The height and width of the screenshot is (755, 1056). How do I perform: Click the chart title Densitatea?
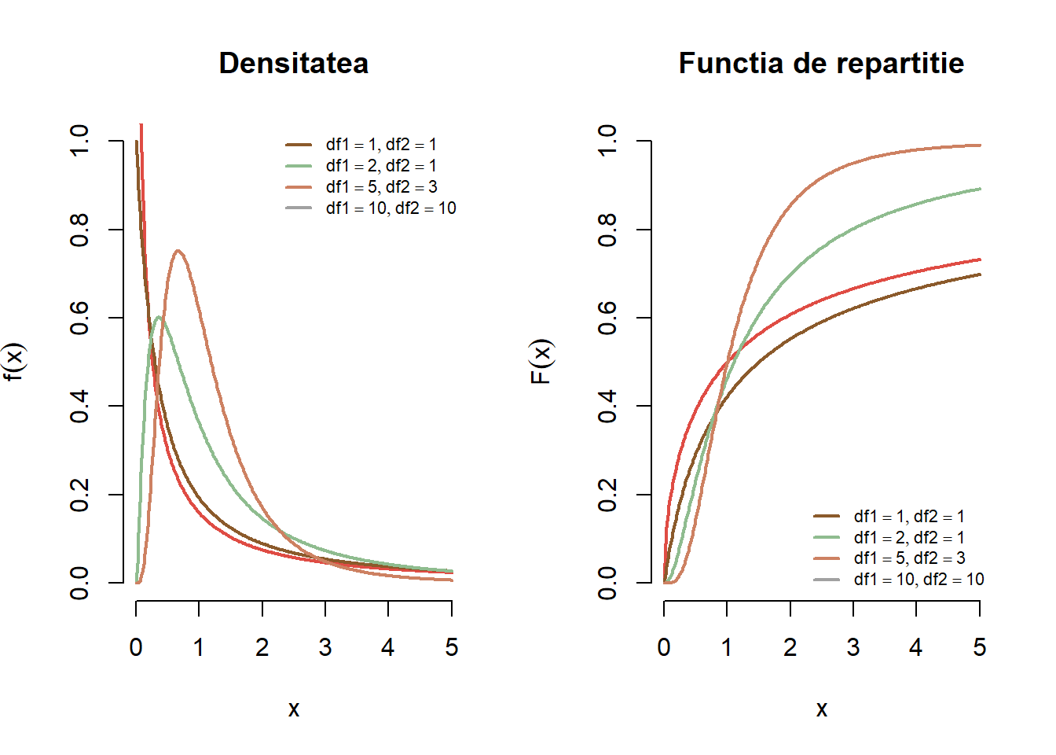tap(293, 63)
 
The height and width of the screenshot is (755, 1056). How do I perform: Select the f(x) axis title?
tap(14, 362)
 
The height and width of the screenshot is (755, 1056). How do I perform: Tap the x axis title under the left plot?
tap(293, 709)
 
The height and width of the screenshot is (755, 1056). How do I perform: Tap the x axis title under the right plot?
tap(821, 709)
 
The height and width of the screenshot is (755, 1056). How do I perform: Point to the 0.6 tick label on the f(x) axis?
tap(79, 318)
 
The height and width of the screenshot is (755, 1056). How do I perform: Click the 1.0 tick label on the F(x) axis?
tap(607, 141)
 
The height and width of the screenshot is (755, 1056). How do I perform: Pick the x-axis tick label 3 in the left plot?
tap(325, 647)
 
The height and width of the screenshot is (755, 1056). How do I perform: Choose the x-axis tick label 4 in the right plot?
tap(916, 647)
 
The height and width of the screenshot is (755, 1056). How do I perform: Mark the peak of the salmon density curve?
tap(178, 251)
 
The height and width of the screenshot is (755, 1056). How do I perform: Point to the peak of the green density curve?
tap(159, 317)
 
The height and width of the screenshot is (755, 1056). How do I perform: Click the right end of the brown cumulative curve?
tap(980, 274)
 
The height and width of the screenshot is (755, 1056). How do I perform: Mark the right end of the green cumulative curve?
tap(980, 189)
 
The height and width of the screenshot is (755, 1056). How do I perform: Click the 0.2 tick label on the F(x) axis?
tap(607, 495)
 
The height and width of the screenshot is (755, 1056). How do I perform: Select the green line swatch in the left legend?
tap(299, 166)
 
